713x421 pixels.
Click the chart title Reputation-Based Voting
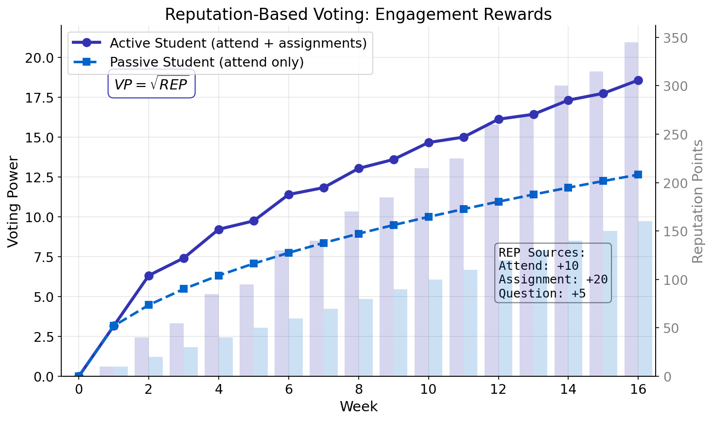(x=358, y=14)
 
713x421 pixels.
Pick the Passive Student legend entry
(x=207, y=63)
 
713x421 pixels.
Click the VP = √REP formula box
(x=151, y=84)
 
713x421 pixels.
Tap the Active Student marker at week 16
(x=638, y=81)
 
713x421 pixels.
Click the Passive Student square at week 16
(x=638, y=175)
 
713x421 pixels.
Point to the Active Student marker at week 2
(x=149, y=276)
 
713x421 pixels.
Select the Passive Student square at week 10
(x=428, y=217)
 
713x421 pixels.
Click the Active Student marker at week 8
(x=359, y=168)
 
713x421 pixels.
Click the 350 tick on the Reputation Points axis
(x=676, y=38)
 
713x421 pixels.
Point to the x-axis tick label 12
(x=498, y=389)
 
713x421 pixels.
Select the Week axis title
(x=358, y=406)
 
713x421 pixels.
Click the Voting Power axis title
(x=13, y=201)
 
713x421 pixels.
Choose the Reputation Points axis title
(x=698, y=201)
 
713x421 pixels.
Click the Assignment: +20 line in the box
(x=553, y=280)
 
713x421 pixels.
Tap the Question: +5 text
(x=542, y=294)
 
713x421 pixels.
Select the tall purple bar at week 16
(x=631, y=209)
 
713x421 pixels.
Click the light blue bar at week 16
(x=645, y=298)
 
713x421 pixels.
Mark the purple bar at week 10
(x=421, y=272)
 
